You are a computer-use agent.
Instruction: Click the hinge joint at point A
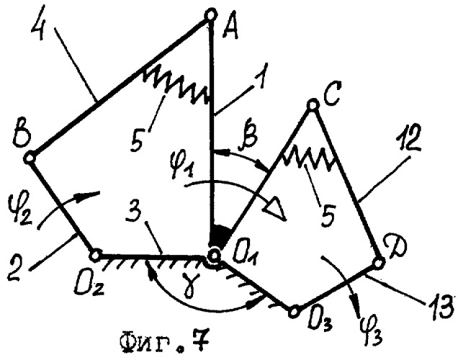pyautogui.click(x=211, y=14)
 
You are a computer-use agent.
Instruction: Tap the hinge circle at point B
pyautogui.click(x=30, y=158)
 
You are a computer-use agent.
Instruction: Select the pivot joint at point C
pyautogui.click(x=313, y=104)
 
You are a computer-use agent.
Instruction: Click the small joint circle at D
pyautogui.click(x=378, y=264)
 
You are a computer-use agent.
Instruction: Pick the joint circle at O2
pyautogui.click(x=95, y=256)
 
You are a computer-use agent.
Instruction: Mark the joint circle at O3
pyautogui.click(x=294, y=312)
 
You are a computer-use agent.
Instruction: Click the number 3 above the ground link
pyautogui.click(x=135, y=217)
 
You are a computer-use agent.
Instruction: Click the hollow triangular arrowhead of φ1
pyautogui.click(x=274, y=208)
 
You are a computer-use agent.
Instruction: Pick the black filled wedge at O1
pyautogui.click(x=221, y=235)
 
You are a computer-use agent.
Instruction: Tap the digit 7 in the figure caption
pyautogui.click(x=201, y=342)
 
